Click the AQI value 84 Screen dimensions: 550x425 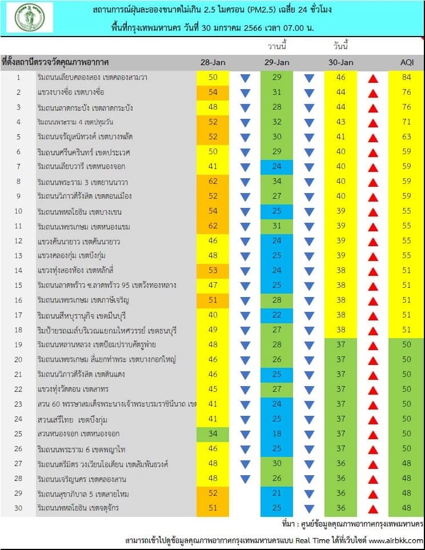pyautogui.click(x=406, y=77)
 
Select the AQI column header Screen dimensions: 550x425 pyautogui.click(x=406, y=62)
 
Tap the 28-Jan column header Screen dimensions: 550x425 pyautogui.click(x=213, y=62)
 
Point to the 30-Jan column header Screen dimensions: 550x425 pyautogui.click(x=341, y=62)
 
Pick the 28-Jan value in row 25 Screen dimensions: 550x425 pyautogui.click(x=213, y=433)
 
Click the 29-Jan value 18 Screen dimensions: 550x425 pyautogui.click(x=277, y=433)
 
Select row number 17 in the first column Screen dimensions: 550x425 pyautogui.click(x=18, y=315)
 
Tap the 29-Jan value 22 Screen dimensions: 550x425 pyautogui.click(x=277, y=315)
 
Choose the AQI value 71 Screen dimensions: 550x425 pyautogui.click(x=406, y=122)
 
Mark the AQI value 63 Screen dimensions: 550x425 pyautogui.click(x=406, y=137)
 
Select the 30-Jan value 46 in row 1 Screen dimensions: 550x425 pyautogui.click(x=341, y=77)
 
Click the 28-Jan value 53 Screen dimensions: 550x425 pyautogui.click(x=213, y=270)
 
